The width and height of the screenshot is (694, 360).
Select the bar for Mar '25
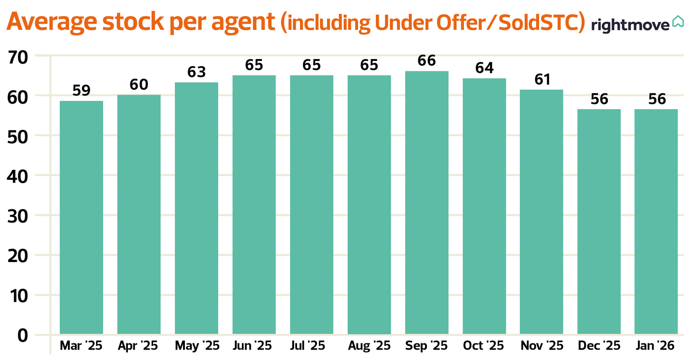tap(81, 217)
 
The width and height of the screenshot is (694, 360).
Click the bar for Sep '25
tap(426, 203)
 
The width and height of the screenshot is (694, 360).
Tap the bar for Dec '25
tap(599, 222)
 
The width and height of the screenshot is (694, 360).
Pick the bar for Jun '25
tap(254, 204)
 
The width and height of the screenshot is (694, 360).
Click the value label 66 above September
tap(426, 61)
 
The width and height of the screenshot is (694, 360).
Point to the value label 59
tap(81, 90)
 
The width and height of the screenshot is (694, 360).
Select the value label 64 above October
tap(484, 68)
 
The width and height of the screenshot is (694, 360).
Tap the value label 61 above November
tap(541, 79)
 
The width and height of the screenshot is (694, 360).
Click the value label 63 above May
tap(196, 72)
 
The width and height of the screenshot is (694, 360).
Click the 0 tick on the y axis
tap(23, 335)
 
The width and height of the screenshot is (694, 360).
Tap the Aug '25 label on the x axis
tap(369, 346)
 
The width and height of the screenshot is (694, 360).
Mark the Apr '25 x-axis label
tap(139, 346)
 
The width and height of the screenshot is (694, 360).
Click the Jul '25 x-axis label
tap(311, 346)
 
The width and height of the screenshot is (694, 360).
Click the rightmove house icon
tap(678, 22)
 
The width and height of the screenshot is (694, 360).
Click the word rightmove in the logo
tap(630, 25)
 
